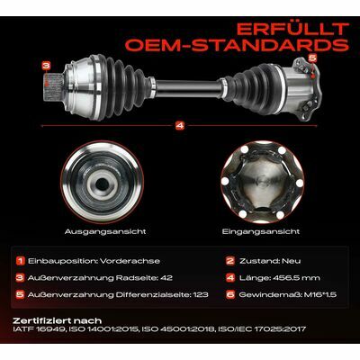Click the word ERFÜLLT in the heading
[292, 29]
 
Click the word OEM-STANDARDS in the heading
[237, 44]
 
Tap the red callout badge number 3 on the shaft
[46, 66]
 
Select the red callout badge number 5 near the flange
[312, 58]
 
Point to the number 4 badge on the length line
[180, 126]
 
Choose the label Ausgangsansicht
[105, 232]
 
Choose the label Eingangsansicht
[261, 232]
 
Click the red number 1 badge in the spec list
[20, 261]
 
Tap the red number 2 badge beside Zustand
[230, 261]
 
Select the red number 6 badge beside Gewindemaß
[230, 294]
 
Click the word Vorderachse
[130, 261]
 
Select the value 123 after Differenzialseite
[201, 295]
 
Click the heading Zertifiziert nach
[58, 321]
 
